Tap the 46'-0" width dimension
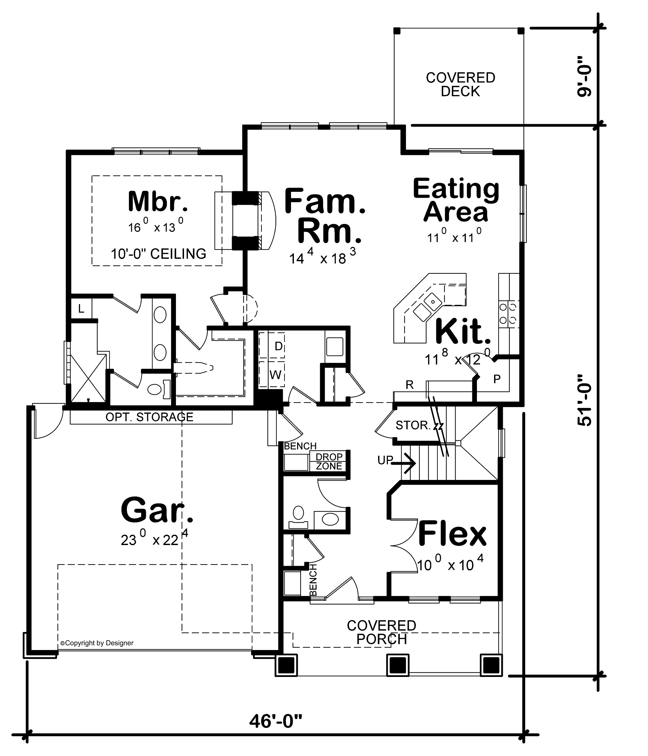276,721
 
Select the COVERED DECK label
460,84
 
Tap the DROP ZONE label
329,461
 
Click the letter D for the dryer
278,346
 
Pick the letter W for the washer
275,375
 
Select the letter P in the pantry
497,379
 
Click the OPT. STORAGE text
149,417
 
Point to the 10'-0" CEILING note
158,254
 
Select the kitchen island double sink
427,307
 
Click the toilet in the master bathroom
155,390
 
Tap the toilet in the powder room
298,513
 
